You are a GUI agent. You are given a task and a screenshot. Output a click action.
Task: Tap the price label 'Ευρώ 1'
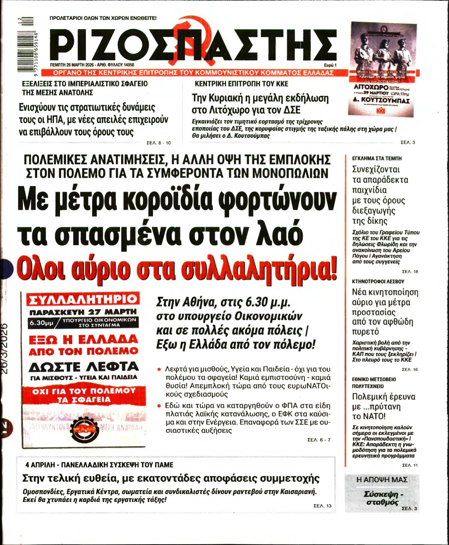tap(330, 65)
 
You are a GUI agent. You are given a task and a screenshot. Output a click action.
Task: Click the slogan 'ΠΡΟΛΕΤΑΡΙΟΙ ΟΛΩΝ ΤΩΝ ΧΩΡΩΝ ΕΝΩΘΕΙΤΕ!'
tap(103, 18)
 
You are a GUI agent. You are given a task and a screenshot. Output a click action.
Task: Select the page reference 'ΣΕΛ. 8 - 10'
tap(158, 143)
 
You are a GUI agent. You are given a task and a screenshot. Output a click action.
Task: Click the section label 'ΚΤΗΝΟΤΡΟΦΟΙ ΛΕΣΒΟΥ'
tap(378, 281)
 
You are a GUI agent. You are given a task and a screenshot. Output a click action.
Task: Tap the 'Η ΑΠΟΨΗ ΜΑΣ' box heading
tap(382, 479)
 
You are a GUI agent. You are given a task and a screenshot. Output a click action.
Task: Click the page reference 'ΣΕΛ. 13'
tap(323, 506)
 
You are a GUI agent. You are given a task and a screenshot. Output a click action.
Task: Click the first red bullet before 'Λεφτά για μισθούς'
tap(159, 369)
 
